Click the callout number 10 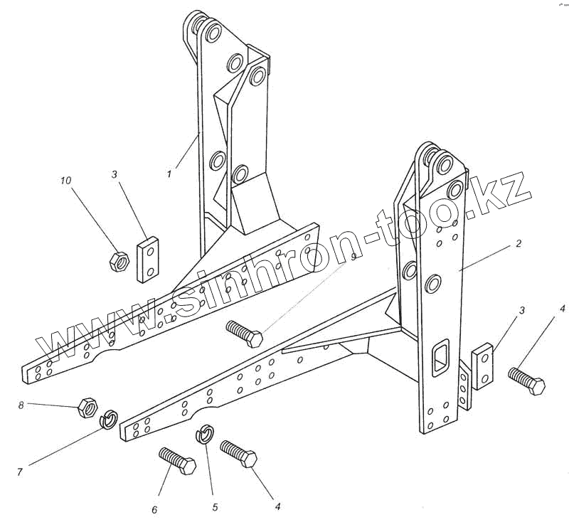tap(65, 181)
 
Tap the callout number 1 tap(169, 173)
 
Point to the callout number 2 tap(519, 244)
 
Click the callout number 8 tap(21, 405)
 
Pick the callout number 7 tap(20, 472)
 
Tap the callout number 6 tap(154, 509)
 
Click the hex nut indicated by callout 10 tap(118, 261)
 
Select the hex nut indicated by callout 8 tap(87, 407)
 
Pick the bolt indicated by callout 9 tap(244, 333)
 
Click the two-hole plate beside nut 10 tap(150, 259)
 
